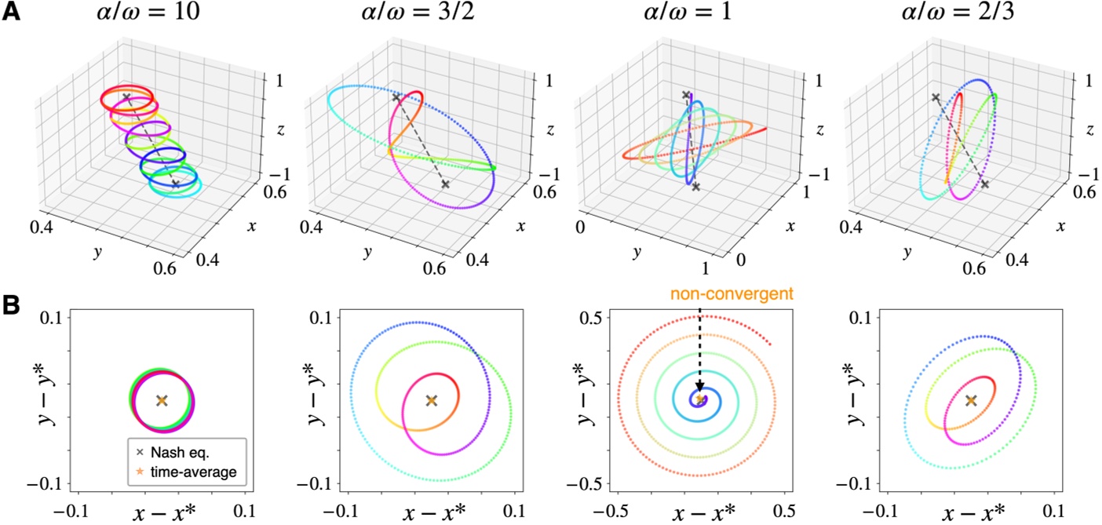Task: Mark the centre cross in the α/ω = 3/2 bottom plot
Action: point(431,400)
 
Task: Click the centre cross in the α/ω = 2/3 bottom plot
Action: point(971,400)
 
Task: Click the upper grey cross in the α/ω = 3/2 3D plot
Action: point(397,97)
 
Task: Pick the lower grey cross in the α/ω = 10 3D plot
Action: point(175,184)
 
